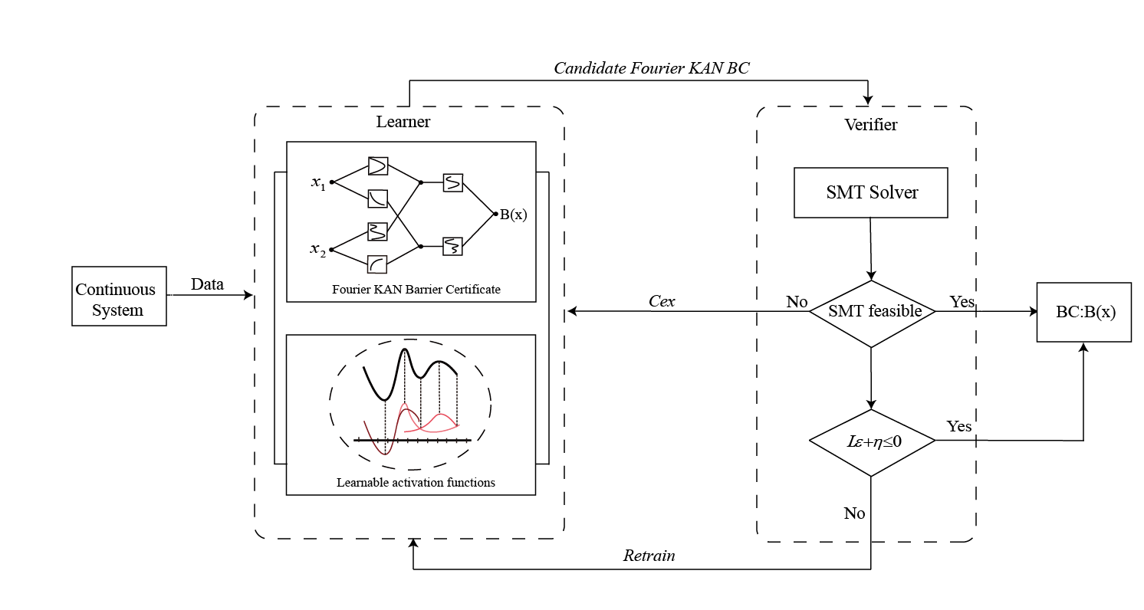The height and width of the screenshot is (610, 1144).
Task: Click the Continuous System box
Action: (x=119, y=297)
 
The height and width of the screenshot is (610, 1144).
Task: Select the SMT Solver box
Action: (x=871, y=192)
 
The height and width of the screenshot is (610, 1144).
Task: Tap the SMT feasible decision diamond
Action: (x=871, y=311)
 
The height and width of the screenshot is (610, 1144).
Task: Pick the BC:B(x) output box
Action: (x=1083, y=312)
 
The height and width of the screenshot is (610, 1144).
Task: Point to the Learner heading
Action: (x=403, y=122)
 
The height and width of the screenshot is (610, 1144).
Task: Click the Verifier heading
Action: (x=870, y=124)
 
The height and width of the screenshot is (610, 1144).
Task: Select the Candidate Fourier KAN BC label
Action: (x=651, y=68)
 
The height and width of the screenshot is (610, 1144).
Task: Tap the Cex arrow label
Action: (x=662, y=301)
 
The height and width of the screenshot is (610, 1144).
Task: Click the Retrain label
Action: (x=649, y=556)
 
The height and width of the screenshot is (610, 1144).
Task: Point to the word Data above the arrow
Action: (x=207, y=284)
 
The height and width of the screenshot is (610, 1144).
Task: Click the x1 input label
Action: (x=318, y=182)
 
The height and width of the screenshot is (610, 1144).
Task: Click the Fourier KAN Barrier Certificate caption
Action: (x=416, y=290)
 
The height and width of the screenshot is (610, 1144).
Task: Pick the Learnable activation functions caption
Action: (x=416, y=483)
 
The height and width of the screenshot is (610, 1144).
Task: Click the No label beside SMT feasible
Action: (x=797, y=302)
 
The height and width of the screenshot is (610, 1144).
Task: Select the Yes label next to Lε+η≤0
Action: (x=959, y=426)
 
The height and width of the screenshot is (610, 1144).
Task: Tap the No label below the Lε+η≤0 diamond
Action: (x=854, y=513)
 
